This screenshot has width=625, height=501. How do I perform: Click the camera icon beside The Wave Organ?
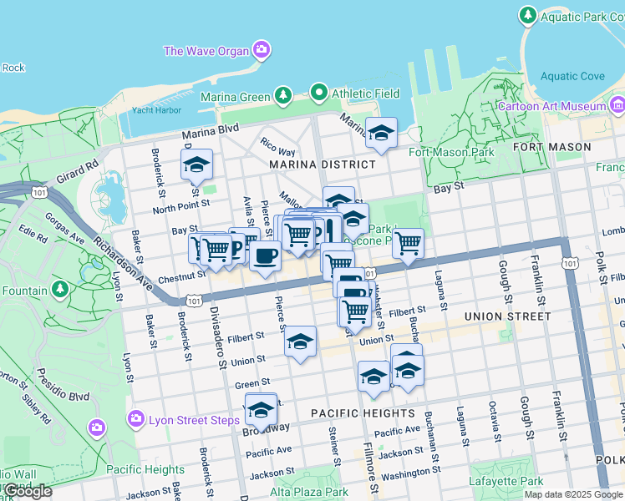(262, 50)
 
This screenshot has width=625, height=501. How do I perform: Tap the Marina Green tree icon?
(283, 96)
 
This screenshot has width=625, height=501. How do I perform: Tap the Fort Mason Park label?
(451, 152)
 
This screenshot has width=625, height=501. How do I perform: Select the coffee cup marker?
(266, 256)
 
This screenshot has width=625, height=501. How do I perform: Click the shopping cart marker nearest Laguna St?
(408, 243)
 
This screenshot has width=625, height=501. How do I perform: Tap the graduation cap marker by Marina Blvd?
(381, 132)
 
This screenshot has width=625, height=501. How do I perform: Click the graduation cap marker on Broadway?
(262, 408)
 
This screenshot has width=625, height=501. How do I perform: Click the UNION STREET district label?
(508, 316)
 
